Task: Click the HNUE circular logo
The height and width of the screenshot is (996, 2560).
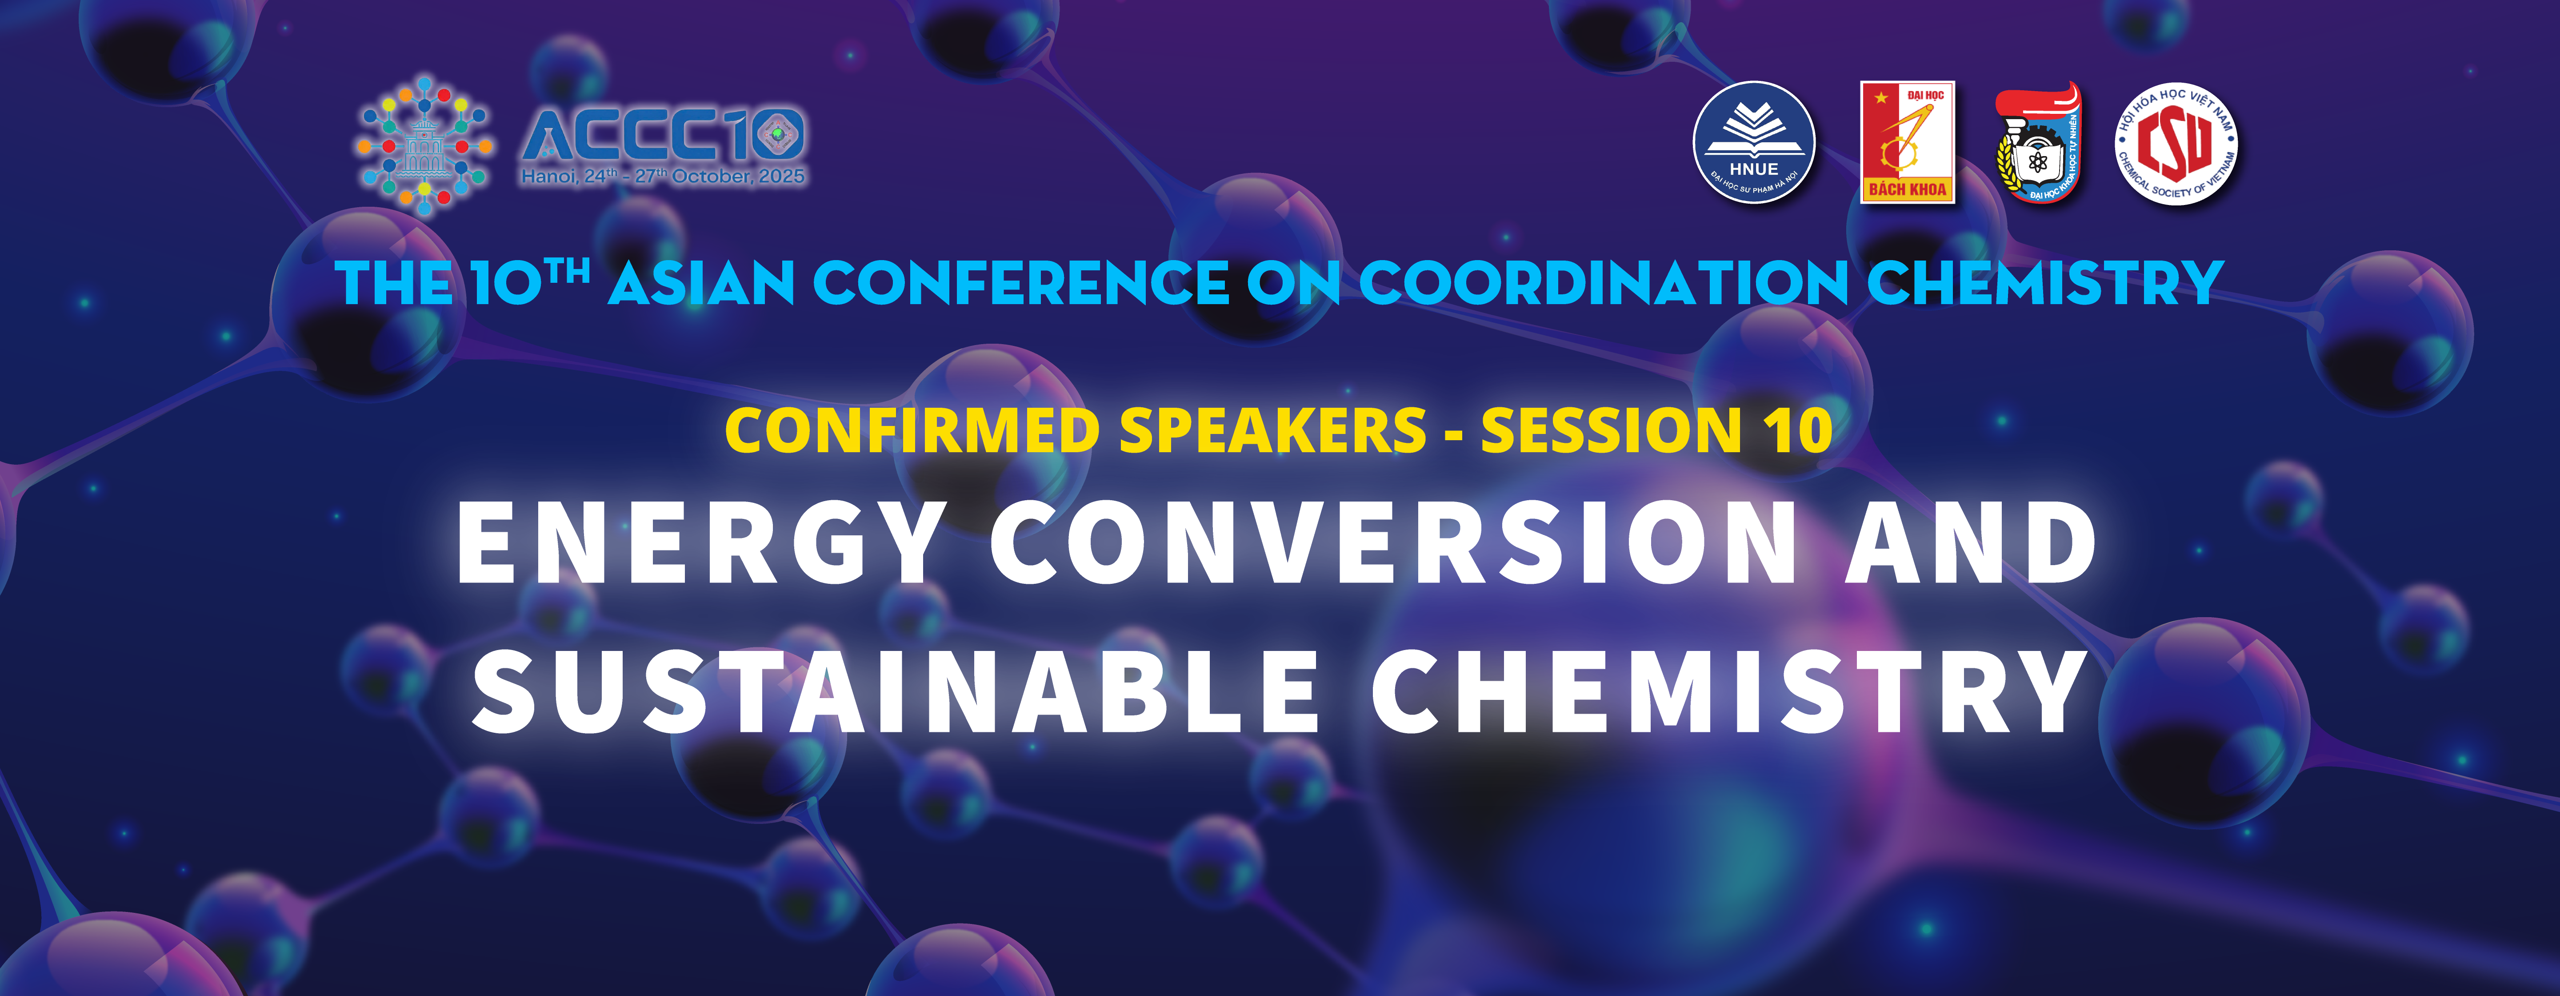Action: tap(1754, 142)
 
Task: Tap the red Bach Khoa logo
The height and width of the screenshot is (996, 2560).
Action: tap(1907, 142)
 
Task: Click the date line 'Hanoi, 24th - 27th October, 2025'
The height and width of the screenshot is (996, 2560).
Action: tap(663, 177)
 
